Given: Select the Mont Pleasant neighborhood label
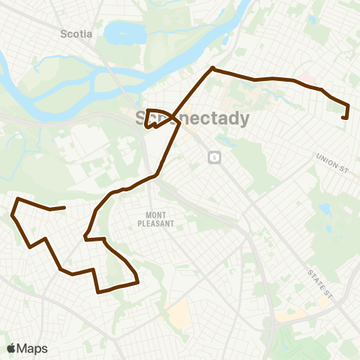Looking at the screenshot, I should [155, 219].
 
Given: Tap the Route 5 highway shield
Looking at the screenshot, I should [214, 157].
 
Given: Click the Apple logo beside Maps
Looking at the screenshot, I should [11, 348].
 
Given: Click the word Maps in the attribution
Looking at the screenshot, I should [33, 348].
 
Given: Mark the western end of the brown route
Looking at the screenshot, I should [65, 208].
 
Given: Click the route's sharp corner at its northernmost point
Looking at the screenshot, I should [213, 69].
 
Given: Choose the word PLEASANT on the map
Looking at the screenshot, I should [155, 223].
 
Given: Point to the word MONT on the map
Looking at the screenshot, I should [155, 214].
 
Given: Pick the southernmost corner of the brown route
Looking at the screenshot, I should [99, 292].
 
